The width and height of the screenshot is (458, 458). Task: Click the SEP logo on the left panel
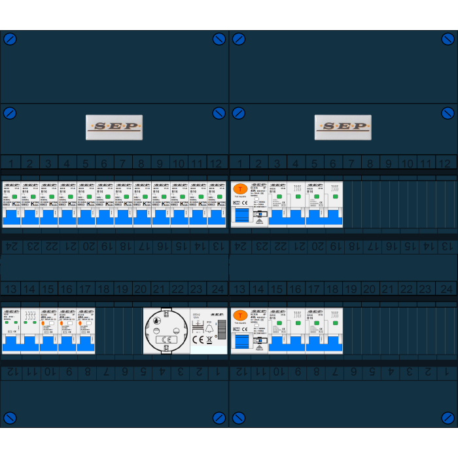[x=114, y=127]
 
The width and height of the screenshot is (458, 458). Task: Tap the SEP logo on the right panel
[x=343, y=127]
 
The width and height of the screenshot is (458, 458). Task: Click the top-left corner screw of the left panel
[x=10, y=39]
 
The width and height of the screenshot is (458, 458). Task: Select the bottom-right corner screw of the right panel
[x=448, y=418]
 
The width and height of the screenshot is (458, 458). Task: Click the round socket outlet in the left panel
[x=166, y=330]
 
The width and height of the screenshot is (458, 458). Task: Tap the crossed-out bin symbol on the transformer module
[x=209, y=339]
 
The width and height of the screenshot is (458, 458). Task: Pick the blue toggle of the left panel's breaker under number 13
[x=11, y=343]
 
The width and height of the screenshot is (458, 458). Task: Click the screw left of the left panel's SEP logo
[x=10, y=113]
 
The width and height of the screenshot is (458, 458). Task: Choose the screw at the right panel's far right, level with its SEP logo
[x=448, y=113]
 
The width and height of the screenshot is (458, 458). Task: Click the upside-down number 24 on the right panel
[x=239, y=247]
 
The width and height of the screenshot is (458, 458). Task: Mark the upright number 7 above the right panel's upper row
[x=351, y=163]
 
